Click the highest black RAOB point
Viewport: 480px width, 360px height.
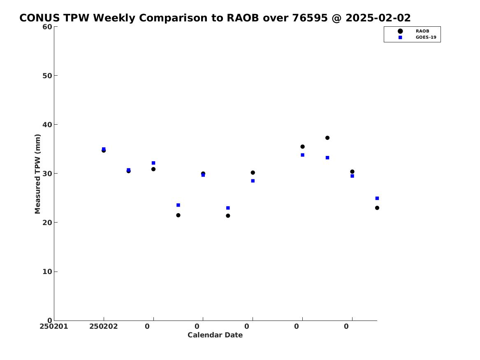pos(327,138)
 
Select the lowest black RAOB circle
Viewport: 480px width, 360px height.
pos(228,216)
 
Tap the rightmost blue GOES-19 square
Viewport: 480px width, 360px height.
pos(377,198)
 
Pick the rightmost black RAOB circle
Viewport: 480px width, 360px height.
pos(377,208)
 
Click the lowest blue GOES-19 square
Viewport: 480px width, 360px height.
pos(228,208)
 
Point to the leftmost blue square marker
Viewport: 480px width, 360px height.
pos(104,149)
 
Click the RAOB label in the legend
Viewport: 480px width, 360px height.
pos(422,31)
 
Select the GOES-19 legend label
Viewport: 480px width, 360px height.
pos(426,37)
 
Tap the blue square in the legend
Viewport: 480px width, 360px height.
pos(400,37)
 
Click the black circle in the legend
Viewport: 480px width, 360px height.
pos(400,31)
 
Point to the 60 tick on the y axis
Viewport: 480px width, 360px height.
pos(47,27)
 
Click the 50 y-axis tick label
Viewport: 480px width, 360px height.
pos(47,76)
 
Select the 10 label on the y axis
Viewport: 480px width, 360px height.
pos(47,272)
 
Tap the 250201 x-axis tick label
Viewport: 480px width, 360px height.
pos(54,326)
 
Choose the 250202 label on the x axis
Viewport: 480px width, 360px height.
pos(104,326)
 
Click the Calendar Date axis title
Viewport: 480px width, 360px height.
pos(215,335)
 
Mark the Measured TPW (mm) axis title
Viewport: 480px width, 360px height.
pos(37,174)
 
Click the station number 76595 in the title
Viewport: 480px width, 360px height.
pos(310,18)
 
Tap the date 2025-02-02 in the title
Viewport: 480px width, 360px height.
pos(378,18)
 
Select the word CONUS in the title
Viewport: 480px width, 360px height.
pos(40,18)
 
